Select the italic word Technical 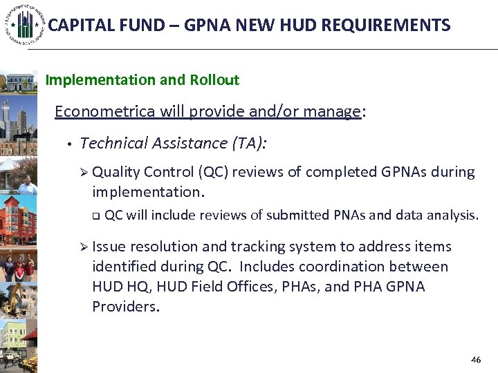coord(114,143)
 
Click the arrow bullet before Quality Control coord(84,172)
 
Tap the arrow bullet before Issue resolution coord(84,247)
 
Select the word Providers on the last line coord(125,307)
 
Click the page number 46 coord(475,360)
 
